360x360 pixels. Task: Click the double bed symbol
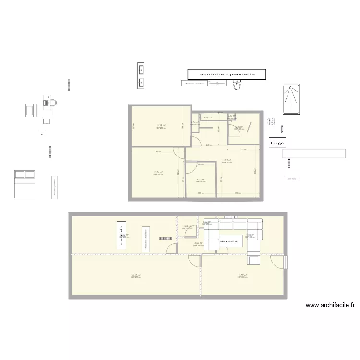24,183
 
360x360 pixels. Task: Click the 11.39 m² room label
160,126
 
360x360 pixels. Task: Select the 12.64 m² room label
158,173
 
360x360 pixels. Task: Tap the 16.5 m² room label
227,160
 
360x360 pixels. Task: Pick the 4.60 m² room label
201,180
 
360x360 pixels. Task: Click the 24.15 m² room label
135,275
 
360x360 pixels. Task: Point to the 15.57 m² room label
242,275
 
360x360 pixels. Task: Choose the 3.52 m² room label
198,243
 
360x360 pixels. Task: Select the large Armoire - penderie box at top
227,74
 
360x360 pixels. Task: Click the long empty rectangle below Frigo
314,154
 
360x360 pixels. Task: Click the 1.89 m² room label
187,226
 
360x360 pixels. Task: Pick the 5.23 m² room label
239,127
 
